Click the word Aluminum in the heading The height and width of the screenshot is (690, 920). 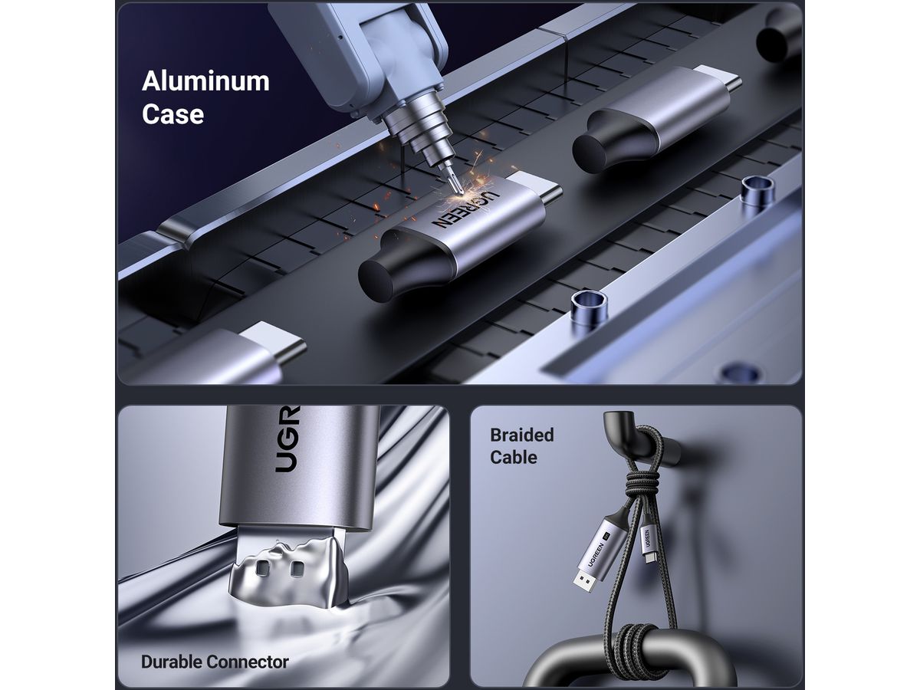tap(205, 81)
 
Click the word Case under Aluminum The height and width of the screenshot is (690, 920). tap(172, 114)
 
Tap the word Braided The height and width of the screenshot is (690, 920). tap(522, 435)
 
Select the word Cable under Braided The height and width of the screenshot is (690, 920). tap(514, 457)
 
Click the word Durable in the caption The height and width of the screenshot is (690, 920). tap(172, 662)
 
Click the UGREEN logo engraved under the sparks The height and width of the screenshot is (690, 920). tap(466, 209)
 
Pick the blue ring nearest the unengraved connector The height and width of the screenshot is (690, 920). tap(757, 190)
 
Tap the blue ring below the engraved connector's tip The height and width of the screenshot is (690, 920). tap(589, 307)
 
